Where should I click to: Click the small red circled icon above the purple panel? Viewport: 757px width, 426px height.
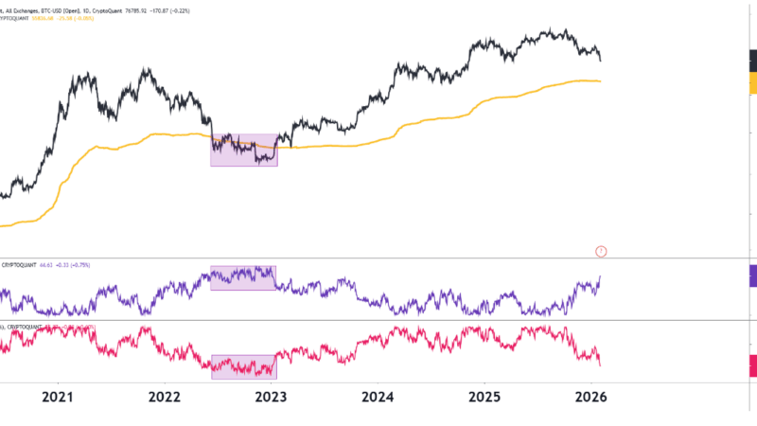pyautogui.click(x=601, y=251)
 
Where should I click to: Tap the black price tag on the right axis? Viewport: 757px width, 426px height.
pyautogui.click(x=752, y=62)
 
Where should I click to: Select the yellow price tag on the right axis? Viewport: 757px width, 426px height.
pyautogui.click(x=752, y=84)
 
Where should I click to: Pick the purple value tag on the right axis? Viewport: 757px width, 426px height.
pyautogui.click(x=752, y=275)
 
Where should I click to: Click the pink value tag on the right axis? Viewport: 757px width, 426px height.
pyautogui.click(x=752, y=365)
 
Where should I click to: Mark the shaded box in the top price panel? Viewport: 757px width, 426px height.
pyautogui.click(x=243, y=150)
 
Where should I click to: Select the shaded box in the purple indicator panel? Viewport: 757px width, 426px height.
pyautogui.click(x=243, y=277)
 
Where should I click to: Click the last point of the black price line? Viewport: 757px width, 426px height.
pyautogui.click(x=600, y=61)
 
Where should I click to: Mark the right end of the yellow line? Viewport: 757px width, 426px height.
pyautogui.click(x=600, y=81)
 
